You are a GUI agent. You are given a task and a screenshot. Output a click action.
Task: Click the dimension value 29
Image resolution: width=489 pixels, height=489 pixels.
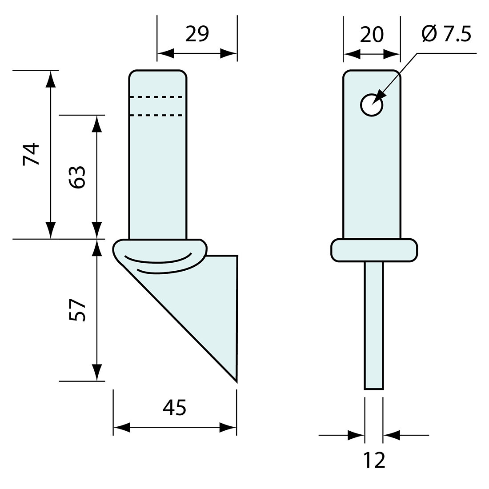tap(197, 34)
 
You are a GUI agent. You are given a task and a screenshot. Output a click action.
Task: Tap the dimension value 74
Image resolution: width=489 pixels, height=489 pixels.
tap(31, 154)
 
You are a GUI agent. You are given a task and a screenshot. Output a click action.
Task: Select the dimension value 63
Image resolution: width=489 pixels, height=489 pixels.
tap(77, 177)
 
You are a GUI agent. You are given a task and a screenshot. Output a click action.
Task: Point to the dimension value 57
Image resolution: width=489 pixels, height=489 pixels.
tap(77, 310)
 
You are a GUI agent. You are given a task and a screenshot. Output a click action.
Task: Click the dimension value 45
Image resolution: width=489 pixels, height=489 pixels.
tap(174, 407)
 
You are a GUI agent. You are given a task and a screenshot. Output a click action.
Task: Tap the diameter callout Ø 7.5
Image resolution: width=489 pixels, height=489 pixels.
tap(446, 34)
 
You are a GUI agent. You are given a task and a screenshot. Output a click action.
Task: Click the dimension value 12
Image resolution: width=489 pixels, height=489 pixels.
tap(374, 460)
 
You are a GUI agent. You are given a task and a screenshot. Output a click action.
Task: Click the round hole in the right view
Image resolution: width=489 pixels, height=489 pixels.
tap(372, 105)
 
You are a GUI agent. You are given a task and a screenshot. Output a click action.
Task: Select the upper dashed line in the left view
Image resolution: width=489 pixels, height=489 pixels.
tap(156, 97)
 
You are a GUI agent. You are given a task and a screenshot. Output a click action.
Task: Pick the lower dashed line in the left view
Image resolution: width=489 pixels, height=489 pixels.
tap(156, 116)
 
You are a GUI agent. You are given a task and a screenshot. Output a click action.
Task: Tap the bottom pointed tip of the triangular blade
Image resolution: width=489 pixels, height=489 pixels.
tap(236, 382)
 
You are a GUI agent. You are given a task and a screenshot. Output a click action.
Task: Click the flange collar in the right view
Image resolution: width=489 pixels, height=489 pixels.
tap(374, 250)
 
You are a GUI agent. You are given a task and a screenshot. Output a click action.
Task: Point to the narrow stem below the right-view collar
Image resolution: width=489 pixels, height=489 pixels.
tap(373, 325)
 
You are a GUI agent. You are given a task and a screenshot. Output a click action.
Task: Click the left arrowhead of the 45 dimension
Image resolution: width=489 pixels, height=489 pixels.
tap(122, 428)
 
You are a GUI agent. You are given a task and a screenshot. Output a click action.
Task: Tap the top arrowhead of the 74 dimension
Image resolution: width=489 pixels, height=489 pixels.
tap(51, 79)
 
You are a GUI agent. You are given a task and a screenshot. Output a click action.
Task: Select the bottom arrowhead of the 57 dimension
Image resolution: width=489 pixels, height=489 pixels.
tap(97, 373)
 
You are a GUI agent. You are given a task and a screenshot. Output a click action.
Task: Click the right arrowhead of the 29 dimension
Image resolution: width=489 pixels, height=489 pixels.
tap(228, 53)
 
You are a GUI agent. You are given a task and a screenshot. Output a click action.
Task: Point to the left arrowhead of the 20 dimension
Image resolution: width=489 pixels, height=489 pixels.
tap(352, 54)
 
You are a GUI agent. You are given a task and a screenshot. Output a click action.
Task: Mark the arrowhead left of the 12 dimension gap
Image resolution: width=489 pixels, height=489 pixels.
tap(356, 435)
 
